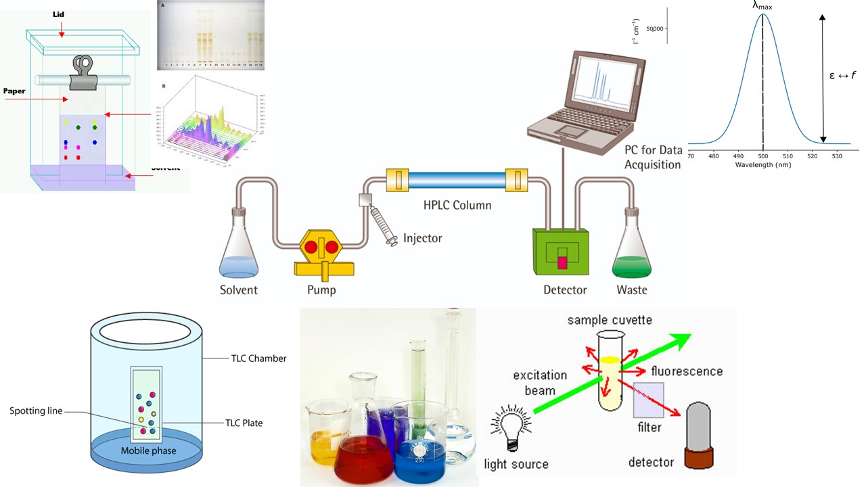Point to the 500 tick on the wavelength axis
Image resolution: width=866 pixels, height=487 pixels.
763,155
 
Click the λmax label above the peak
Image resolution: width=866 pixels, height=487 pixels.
762,6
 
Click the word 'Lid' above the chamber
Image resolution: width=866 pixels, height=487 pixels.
59,14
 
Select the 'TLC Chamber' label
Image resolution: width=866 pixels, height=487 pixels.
256,358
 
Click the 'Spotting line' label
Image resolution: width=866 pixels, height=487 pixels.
35,411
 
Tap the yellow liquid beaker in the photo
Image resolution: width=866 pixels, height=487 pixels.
327,433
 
